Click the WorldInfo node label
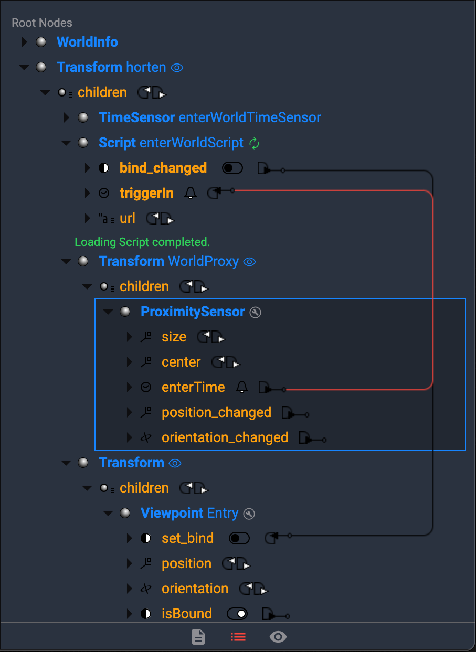tap(87, 42)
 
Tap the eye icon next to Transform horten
tap(177, 68)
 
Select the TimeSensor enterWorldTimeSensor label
tap(209, 117)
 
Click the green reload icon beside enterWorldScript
tap(255, 143)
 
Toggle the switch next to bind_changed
tap(232, 168)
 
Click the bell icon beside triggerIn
tap(191, 194)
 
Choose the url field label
tap(128, 218)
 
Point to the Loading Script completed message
tap(142, 242)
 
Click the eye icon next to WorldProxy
tap(250, 262)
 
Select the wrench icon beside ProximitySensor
tap(255, 313)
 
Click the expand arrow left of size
tap(130, 337)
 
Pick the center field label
tap(181, 362)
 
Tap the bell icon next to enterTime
tap(241, 388)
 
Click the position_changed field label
tap(216, 412)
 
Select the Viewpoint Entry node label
tap(189, 513)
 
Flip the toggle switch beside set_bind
tap(239, 538)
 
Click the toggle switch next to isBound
tap(237, 614)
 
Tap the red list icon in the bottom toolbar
tap(238, 637)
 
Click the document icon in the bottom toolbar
tap(198, 637)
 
